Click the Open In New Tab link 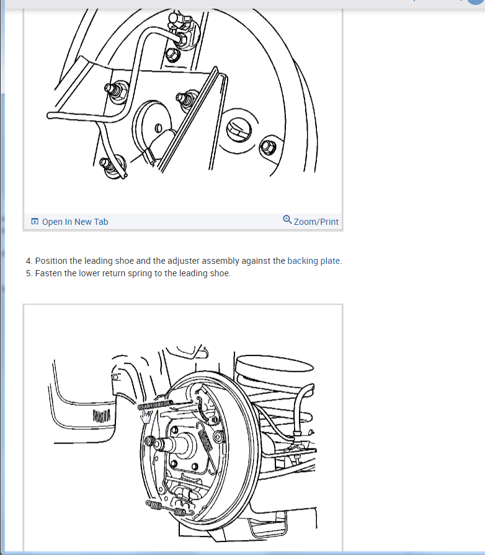(x=75, y=222)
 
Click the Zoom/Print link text (x=316, y=222)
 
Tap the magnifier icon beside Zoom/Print (x=287, y=220)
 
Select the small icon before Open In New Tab (x=35, y=222)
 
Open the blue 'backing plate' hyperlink (x=313, y=261)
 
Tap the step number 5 (x=29, y=273)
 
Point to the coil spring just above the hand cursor (x=155, y=404)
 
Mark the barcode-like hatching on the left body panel (x=101, y=416)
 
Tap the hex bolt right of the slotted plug (x=268, y=147)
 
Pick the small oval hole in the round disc (x=159, y=128)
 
